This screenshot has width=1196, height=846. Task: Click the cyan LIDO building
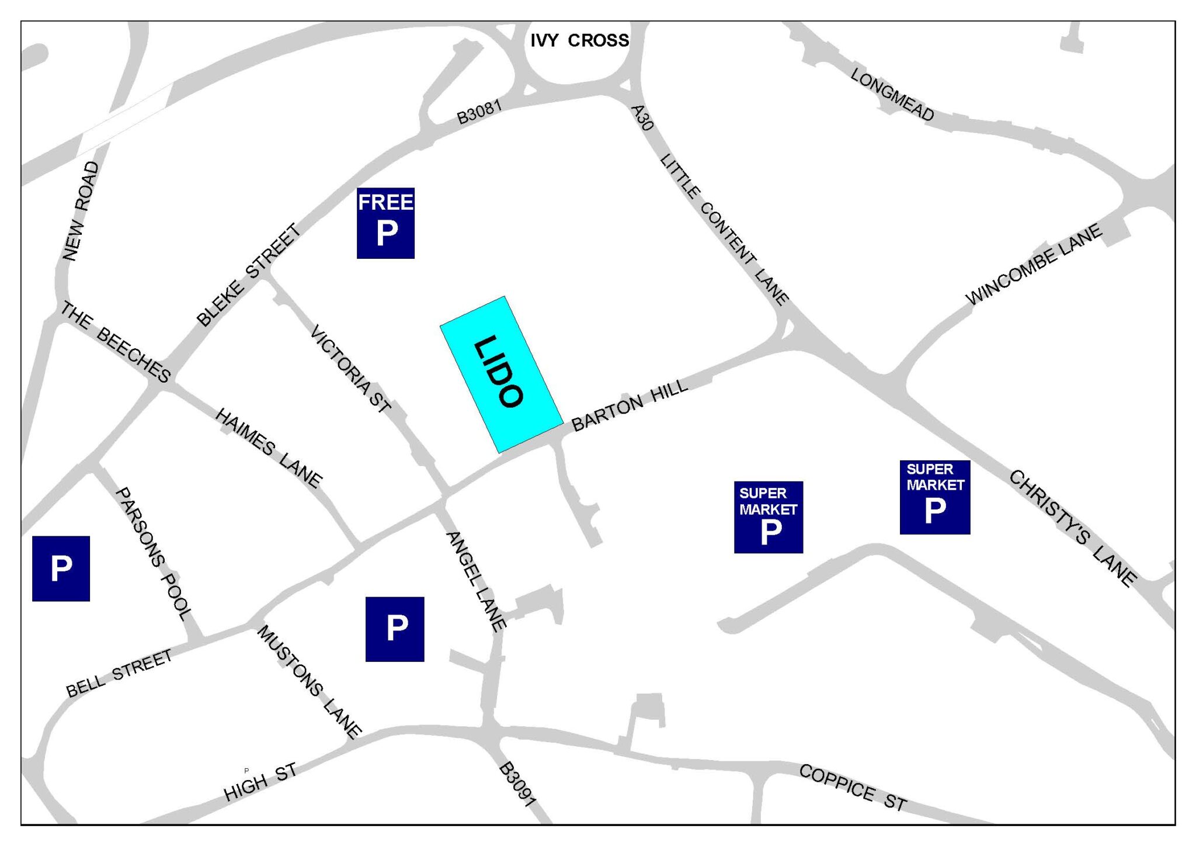(501, 375)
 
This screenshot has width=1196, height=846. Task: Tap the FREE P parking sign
(385, 223)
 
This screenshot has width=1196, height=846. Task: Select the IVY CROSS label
(579, 40)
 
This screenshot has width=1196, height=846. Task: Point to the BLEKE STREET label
(249, 275)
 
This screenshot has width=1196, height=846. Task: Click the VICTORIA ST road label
(350, 369)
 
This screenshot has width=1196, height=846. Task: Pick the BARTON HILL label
(629, 405)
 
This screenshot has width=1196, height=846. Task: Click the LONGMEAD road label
(892, 95)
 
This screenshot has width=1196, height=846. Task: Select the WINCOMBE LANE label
(1034, 264)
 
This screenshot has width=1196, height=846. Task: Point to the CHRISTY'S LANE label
(1073, 527)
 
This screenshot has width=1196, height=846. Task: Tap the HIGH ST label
(260, 782)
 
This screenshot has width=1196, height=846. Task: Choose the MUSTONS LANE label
(309, 682)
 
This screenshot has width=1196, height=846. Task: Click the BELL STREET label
(119, 674)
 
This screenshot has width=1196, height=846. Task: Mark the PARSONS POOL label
(153, 553)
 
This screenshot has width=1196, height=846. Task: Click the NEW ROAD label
(81, 211)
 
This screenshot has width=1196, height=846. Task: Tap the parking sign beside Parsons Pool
(61, 568)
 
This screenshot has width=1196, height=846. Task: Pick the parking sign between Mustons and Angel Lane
(395, 629)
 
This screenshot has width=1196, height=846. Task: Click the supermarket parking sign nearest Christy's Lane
(934, 497)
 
